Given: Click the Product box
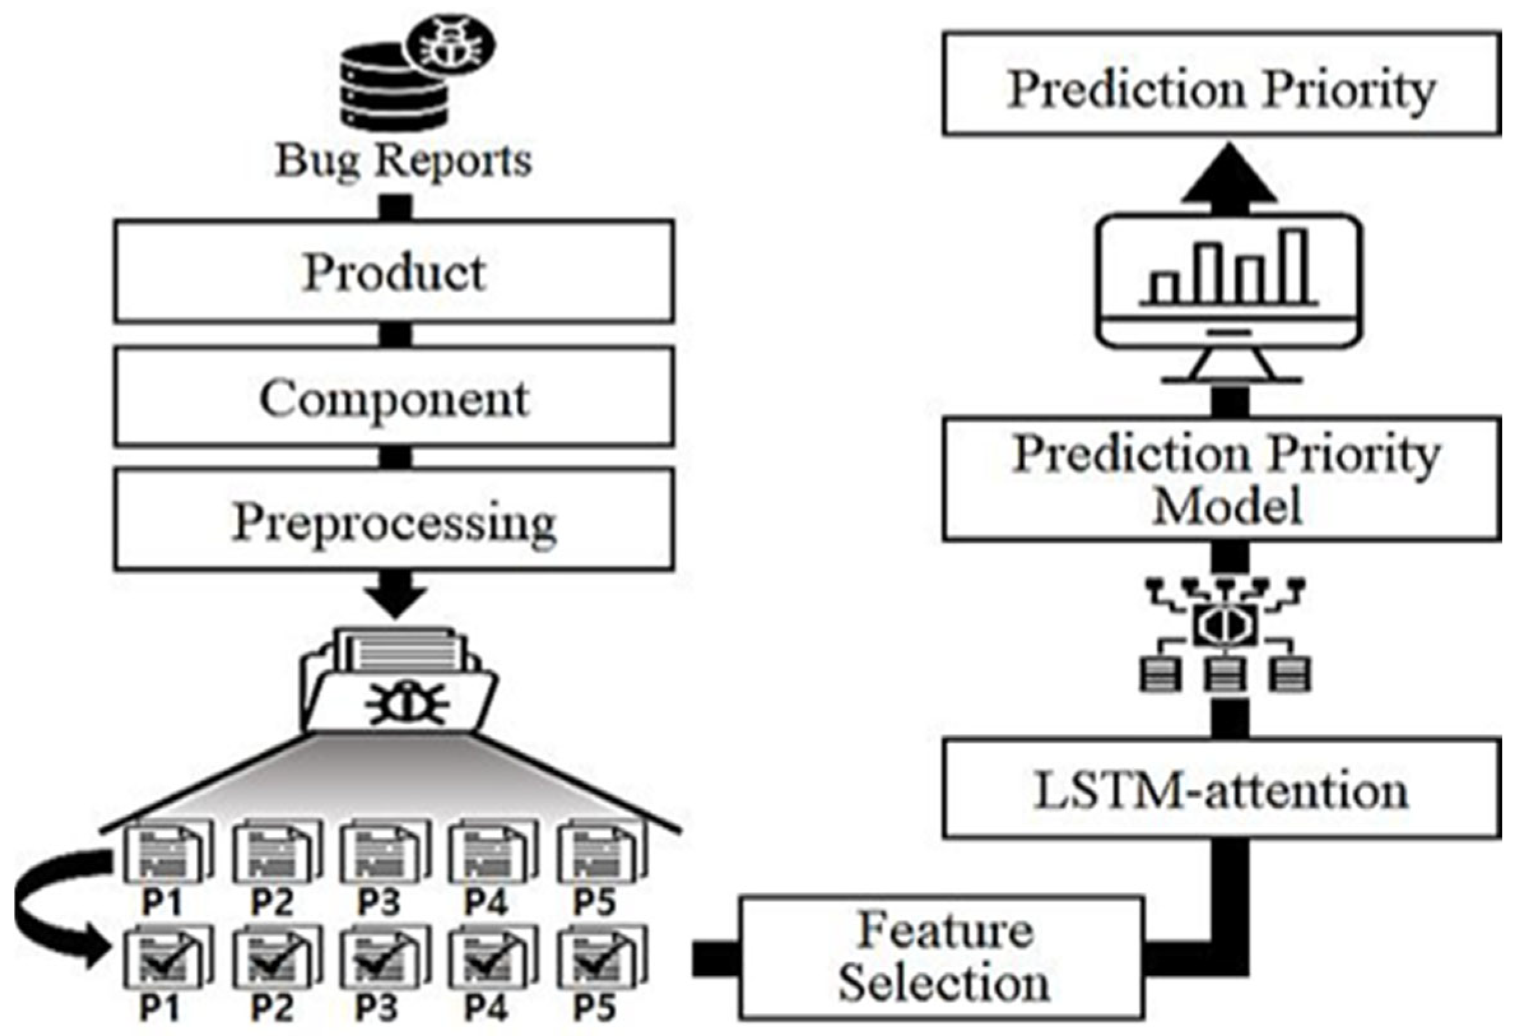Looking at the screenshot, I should pyautogui.click(x=394, y=271).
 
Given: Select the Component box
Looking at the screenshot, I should pyautogui.click(x=394, y=397).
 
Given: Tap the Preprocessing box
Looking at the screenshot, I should pyautogui.click(x=394, y=521).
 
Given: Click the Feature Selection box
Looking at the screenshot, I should pyautogui.click(x=942, y=958).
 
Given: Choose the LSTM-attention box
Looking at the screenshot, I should pyautogui.click(x=1221, y=788).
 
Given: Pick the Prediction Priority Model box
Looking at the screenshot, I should pyautogui.click(x=1221, y=480).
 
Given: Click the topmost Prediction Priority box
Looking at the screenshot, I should pyautogui.click(x=1221, y=85).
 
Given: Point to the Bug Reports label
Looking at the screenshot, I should pyautogui.click(x=403, y=160).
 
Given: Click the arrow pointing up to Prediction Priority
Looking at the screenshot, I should pyautogui.click(x=1229, y=175).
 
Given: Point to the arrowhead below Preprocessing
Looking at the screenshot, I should pyautogui.click(x=395, y=598).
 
